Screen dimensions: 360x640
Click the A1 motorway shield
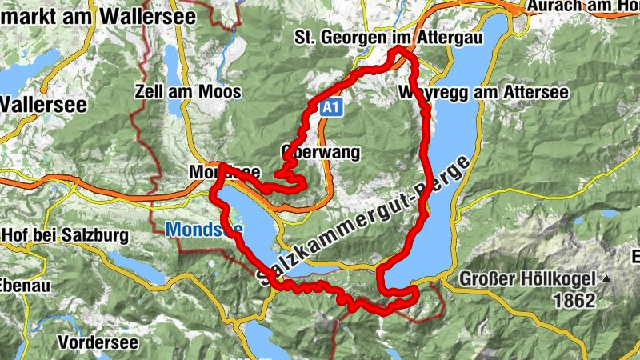pyautogui.click(x=334, y=107)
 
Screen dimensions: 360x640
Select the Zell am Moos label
pyautogui.click(x=188, y=91)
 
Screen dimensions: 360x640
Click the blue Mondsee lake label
pyautogui.click(x=204, y=230)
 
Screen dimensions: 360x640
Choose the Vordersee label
pyautogui.click(x=98, y=342)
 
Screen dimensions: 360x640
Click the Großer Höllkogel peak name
pyautogui.click(x=528, y=280)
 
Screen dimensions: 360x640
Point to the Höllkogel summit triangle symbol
pyautogui.click(x=606, y=279)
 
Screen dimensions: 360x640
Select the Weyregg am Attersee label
pyautogui.click(x=482, y=93)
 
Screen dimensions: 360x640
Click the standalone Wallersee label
pyautogui.click(x=36, y=104)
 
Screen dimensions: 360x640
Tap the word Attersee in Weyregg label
pyautogui.click(x=534, y=93)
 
